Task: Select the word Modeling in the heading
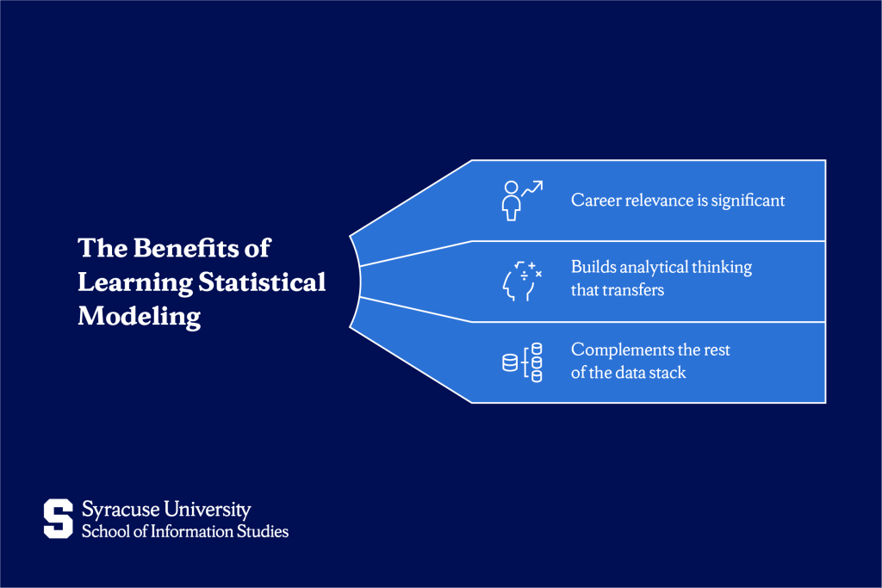[139, 317]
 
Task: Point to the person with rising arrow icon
[522, 200]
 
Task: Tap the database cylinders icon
[522, 362]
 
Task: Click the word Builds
[592, 268]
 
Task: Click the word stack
[668, 373]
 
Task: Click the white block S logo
[59, 518]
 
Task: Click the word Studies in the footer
[264, 531]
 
